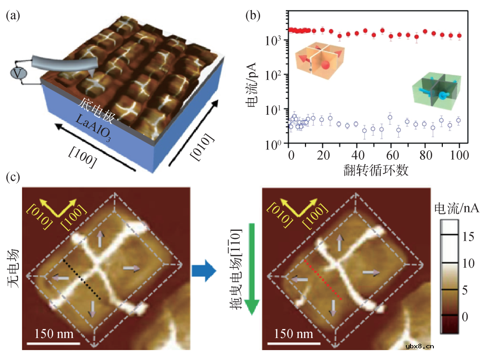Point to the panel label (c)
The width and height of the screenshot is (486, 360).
(x=13, y=177)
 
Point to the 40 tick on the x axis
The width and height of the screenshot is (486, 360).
(x=356, y=155)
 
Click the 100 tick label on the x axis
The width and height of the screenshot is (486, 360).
(x=459, y=155)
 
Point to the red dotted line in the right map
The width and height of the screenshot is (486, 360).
(x=324, y=279)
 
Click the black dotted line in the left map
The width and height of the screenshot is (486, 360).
(x=82, y=279)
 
